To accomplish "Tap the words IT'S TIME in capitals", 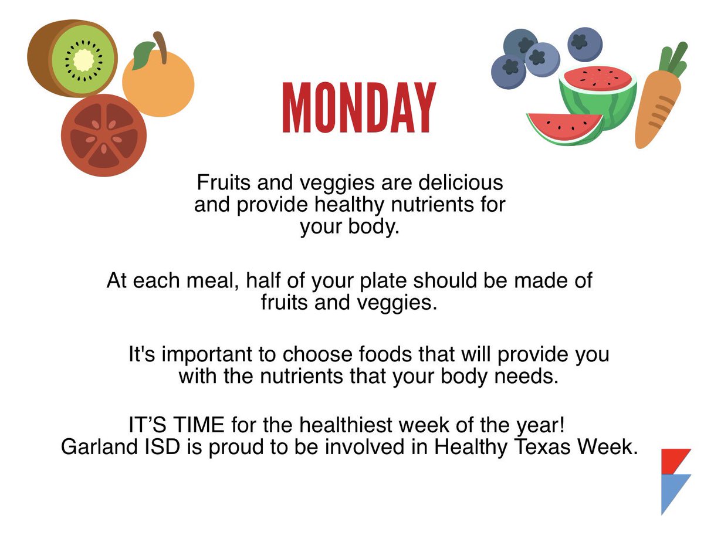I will click(x=176, y=425).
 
